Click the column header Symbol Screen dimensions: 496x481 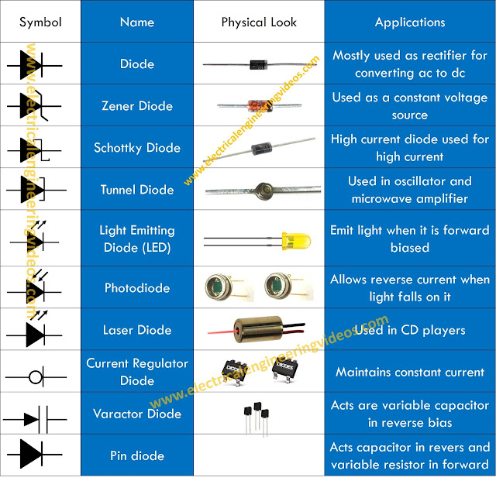[x=40, y=22]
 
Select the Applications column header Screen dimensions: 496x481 [x=410, y=22]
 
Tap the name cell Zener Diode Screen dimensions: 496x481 [x=137, y=106]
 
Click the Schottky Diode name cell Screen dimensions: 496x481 [x=137, y=148]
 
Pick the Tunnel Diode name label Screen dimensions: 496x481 [x=137, y=190]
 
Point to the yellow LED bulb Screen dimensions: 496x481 [x=296, y=241]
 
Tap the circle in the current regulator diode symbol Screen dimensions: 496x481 [x=35, y=377]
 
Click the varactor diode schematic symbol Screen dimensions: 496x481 [x=35, y=420]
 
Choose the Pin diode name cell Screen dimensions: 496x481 [x=137, y=455]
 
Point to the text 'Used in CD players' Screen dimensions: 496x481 [x=410, y=330]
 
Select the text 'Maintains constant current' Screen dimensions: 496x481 [x=410, y=372]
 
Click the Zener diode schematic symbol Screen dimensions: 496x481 [x=34, y=105]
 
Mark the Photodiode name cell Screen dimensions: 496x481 [x=137, y=288]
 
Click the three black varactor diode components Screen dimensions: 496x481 [x=257, y=418]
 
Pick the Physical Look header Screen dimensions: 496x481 [x=259, y=22]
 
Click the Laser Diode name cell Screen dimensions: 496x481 [x=137, y=330]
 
